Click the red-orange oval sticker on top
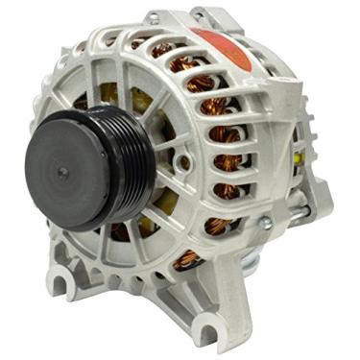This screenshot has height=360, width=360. pyautogui.click(x=222, y=45)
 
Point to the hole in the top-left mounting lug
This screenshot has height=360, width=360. pyautogui.click(x=155, y=17)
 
